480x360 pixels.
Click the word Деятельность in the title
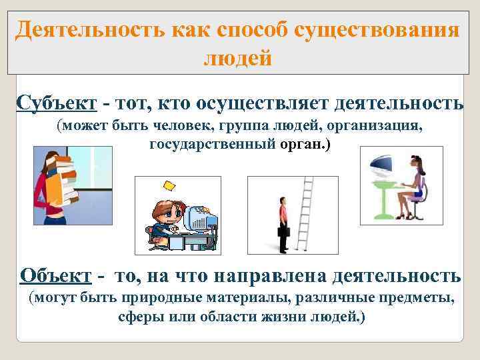point(87,30)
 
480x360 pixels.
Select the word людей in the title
point(237,59)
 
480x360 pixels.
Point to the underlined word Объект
point(56,275)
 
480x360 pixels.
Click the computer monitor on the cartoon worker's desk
point(199,217)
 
